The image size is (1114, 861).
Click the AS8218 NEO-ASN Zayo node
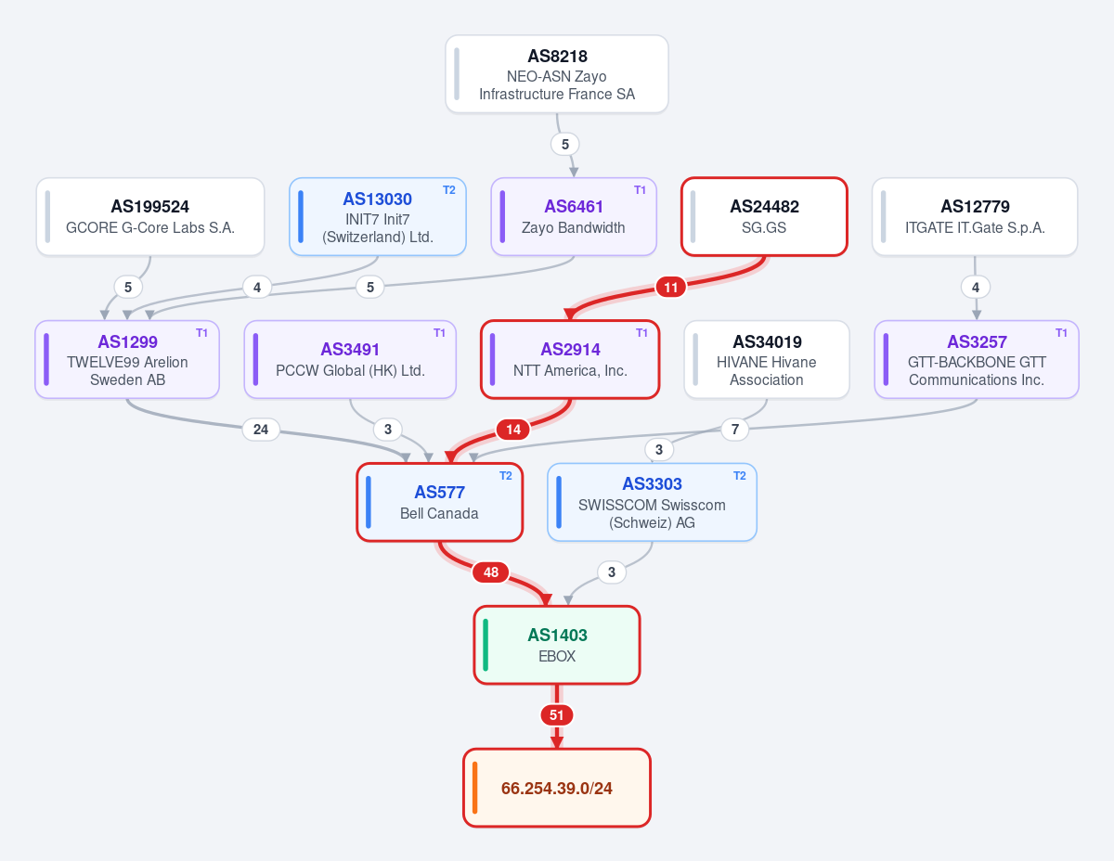tap(557, 74)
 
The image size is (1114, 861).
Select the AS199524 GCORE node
tap(150, 217)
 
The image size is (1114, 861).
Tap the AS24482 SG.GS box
tap(764, 217)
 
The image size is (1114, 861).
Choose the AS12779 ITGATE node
tap(975, 217)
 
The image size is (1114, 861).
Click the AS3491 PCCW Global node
tap(350, 360)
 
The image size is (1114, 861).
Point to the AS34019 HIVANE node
tap(767, 360)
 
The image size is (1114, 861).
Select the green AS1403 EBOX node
tap(557, 645)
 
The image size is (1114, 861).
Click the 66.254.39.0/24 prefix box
tap(557, 788)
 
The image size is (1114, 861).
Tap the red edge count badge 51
tap(557, 715)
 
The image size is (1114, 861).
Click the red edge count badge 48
tap(490, 572)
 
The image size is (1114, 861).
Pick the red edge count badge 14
tap(513, 430)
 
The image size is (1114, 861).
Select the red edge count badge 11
tap(670, 288)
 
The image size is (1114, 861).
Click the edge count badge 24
tap(261, 430)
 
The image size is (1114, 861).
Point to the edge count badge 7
tap(734, 430)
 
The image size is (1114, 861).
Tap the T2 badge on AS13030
tap(449, 190)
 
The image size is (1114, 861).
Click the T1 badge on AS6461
tap(640, 190)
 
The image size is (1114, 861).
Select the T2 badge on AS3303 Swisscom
tap(739, 476)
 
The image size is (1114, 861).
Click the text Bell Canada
tap(439, 513)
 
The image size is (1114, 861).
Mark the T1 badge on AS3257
tap(1061, 333)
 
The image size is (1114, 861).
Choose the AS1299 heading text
tap(128, 341)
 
